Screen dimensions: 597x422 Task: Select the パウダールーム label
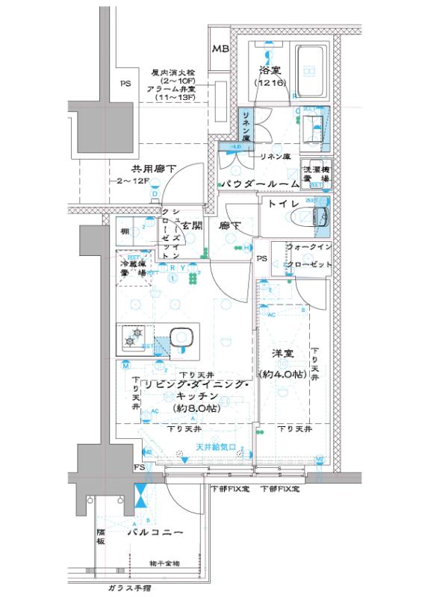coord(258,184)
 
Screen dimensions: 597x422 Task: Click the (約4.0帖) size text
coord(279,372)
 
